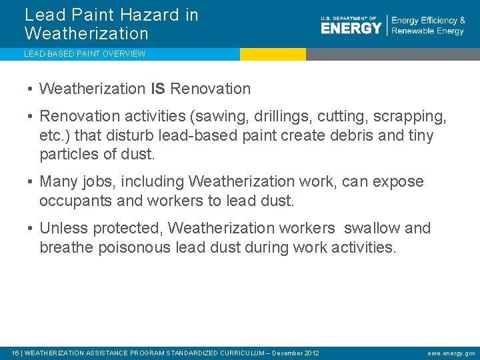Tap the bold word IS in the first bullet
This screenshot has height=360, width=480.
click(158, 89)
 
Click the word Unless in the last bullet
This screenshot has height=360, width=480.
click(61, 228)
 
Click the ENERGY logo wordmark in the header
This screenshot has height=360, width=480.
click(351, 27)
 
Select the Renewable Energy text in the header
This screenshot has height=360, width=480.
click(427, 31)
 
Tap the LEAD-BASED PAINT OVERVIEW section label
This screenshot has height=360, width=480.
click(85, 54)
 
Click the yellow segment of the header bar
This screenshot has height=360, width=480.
click(273, 54)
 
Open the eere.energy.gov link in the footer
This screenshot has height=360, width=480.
click(451, 353)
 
